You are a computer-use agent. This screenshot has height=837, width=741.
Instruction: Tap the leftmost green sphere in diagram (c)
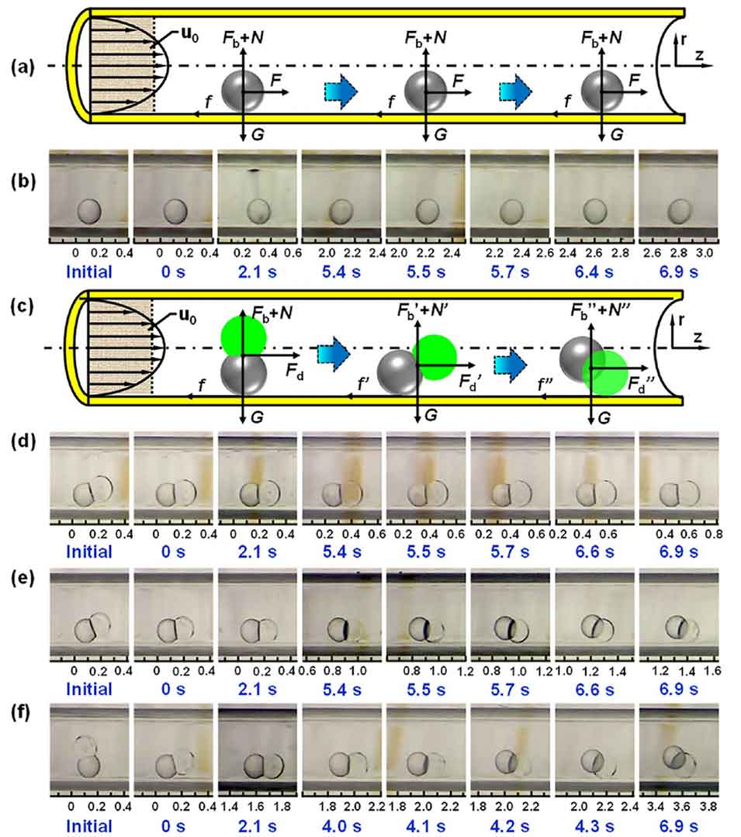tap(244, 337)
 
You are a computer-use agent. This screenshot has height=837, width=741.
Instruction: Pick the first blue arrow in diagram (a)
tap(338, 91)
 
